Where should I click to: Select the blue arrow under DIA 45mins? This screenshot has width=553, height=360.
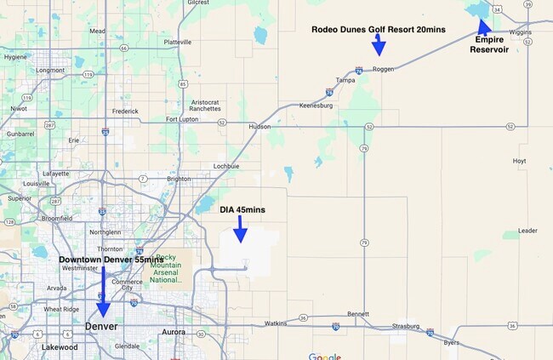coord(241,229)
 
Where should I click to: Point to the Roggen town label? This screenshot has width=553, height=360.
coord(383,69)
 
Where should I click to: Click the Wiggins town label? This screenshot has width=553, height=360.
coord(519,31)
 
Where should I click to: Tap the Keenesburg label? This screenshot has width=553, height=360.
coord(316,105)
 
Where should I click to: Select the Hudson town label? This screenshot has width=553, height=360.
coord(259,126)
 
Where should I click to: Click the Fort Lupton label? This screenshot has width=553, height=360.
coord(183,119)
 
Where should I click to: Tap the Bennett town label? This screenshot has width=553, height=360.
coord(358,314)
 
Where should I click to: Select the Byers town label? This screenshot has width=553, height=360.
coord(450,344)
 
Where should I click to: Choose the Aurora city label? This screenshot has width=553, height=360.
coord(174,331)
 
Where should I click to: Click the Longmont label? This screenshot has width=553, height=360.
coord(50,70)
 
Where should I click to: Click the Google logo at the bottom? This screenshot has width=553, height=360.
coord(324,356)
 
